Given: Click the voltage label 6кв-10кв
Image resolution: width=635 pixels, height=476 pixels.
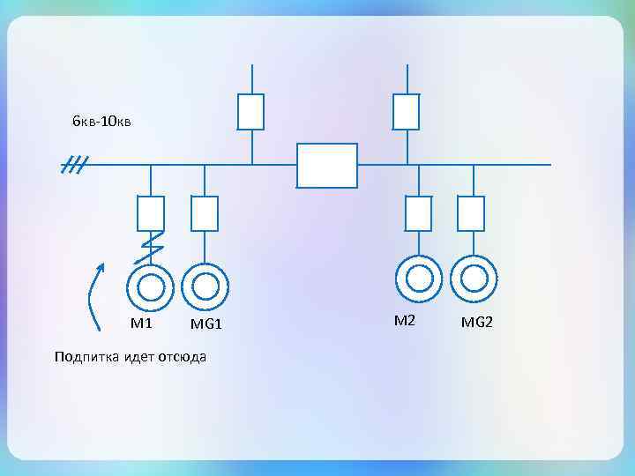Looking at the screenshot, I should click(x=101, y=121).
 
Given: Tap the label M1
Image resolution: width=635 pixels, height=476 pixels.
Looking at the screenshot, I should click(x=142, y=323).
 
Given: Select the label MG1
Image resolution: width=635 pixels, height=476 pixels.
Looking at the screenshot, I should click(x=206, y=325).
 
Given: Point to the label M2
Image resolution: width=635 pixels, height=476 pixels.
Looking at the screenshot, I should click(x=404, y=320).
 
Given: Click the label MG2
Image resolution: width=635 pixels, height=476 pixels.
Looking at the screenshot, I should click(x=477, y=323).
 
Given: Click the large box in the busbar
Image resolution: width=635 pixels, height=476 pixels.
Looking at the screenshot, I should click(x=327, y=166).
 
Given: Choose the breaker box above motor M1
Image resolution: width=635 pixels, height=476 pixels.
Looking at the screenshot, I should click(x=151, y=212).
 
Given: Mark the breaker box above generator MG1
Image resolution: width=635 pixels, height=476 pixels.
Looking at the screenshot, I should click(x=205, y=212).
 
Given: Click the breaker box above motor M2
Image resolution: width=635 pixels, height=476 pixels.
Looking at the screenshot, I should click(x=418, y=212).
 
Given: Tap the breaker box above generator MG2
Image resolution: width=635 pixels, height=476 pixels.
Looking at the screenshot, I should click(x=472, y=212).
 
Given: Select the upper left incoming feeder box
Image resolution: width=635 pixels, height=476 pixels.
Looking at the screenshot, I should click(x=251, y=111).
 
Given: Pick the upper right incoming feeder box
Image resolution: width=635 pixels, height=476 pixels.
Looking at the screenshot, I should click(x=406, y=111).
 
